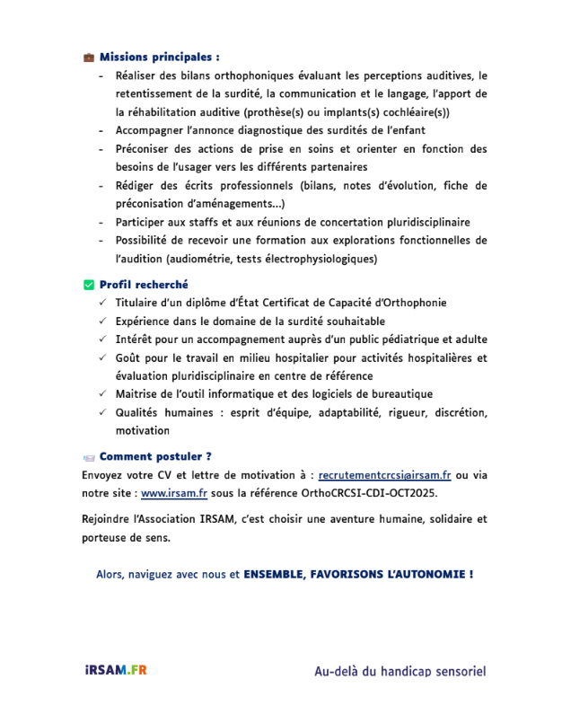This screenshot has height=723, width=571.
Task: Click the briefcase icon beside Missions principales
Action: point(88,57)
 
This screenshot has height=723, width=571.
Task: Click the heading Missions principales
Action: point(159,57)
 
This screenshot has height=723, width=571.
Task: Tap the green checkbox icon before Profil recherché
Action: point(88,285)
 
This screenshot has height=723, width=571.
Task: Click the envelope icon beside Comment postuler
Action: point(88,456)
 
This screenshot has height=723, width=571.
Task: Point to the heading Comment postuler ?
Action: point(155,456)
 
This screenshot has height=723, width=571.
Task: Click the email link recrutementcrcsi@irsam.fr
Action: point(384,474)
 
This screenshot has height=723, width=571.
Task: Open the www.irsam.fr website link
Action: point(174,492)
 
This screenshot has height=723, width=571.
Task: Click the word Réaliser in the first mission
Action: point(137,75)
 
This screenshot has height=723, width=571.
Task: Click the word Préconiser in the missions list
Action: point(145,148)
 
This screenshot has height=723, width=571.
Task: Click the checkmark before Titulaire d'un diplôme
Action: point(103,303)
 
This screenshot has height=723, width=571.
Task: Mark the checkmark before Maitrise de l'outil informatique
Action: point(103,394)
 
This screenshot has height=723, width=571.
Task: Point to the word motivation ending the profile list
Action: point(142,430)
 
